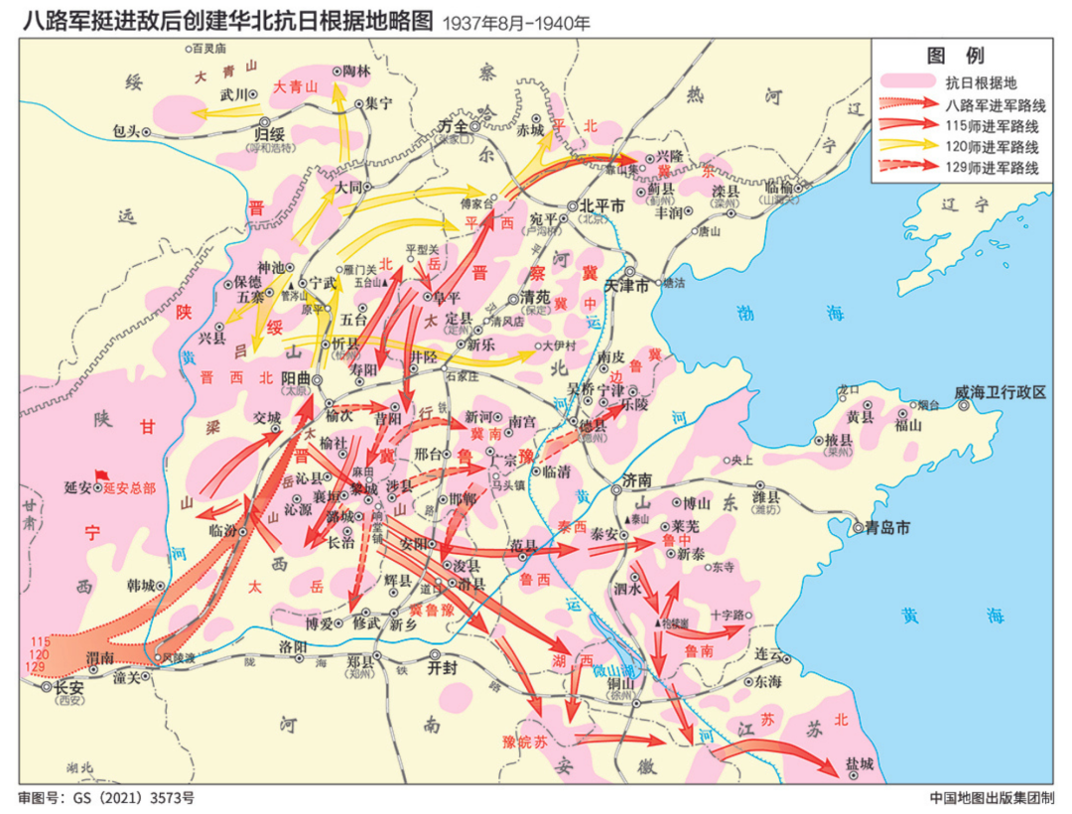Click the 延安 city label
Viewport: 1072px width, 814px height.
(77, 487)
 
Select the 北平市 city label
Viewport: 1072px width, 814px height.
(602, 206)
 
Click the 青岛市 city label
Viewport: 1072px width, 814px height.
(886, 528)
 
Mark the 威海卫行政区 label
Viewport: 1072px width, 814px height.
(1000, 392)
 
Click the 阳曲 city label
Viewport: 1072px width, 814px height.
(298, 377)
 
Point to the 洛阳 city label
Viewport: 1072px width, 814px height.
(294, 646)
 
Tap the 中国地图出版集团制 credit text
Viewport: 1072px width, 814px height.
(992, 797)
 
